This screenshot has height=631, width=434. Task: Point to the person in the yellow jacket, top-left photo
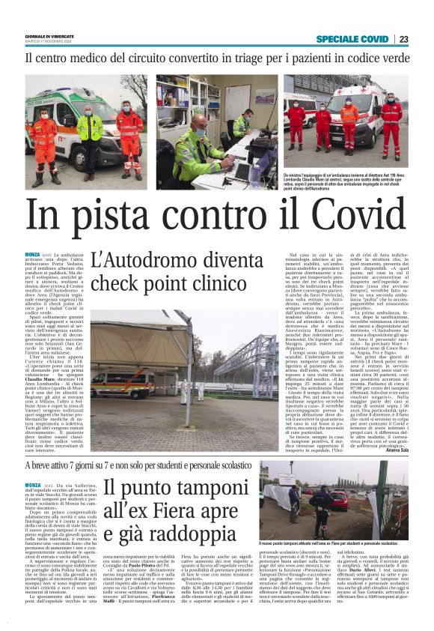(91, 131)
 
